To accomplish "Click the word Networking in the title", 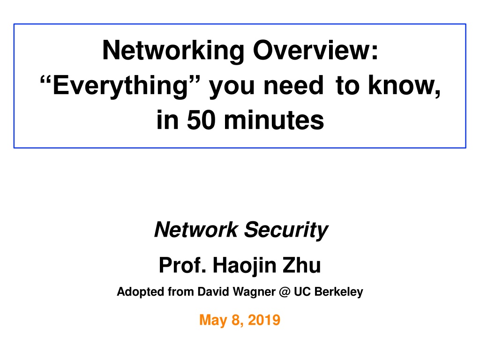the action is coord(173,51).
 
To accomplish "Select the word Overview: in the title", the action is coord(315,50).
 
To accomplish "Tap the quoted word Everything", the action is coord(120,86).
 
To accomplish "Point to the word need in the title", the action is coord(293,85).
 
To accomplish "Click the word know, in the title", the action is coord(404,86).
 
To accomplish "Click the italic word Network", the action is coord(196,229).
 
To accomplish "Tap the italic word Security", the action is coord(286,230).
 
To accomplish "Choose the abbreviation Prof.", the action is coord(182,265).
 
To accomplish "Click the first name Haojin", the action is coord(245,266).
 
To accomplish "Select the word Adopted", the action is coord(141,292).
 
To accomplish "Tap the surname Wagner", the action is coord(255,292).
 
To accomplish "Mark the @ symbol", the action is coord(285,292).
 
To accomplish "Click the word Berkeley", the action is coord(338,292).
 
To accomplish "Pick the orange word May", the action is coord(213,320).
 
